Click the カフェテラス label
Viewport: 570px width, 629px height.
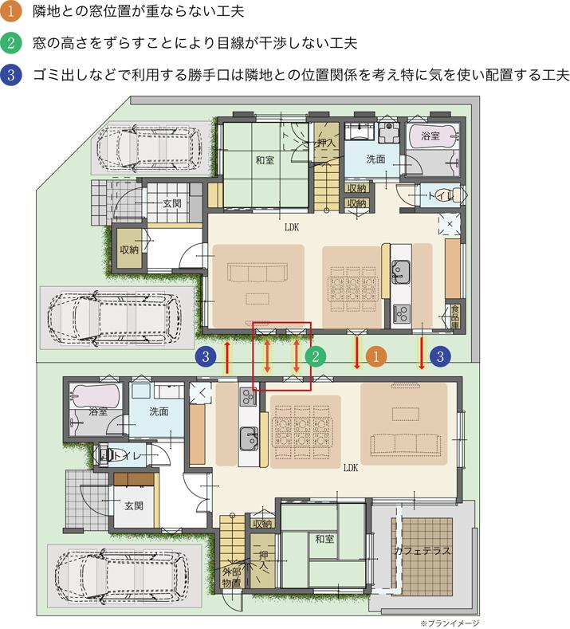click(422, 550)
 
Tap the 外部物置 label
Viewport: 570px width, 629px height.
click(231, 578)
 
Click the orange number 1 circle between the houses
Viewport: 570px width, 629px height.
click(376, 356)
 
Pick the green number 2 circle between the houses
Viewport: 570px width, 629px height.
click(316, 356)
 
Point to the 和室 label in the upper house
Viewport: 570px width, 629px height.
click(265, 160)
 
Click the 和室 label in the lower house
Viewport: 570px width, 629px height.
click(324, 540)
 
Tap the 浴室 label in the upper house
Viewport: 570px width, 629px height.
click(430, 136)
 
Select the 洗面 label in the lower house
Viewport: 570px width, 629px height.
click(159, 411)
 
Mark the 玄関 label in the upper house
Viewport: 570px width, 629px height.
click(171, 203)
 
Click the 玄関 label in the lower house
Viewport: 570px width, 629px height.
click(133, 505)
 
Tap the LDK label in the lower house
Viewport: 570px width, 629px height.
click(350, 468)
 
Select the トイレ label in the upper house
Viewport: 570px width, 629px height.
click(441, 195)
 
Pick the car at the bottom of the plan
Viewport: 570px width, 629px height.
click(120, 576)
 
